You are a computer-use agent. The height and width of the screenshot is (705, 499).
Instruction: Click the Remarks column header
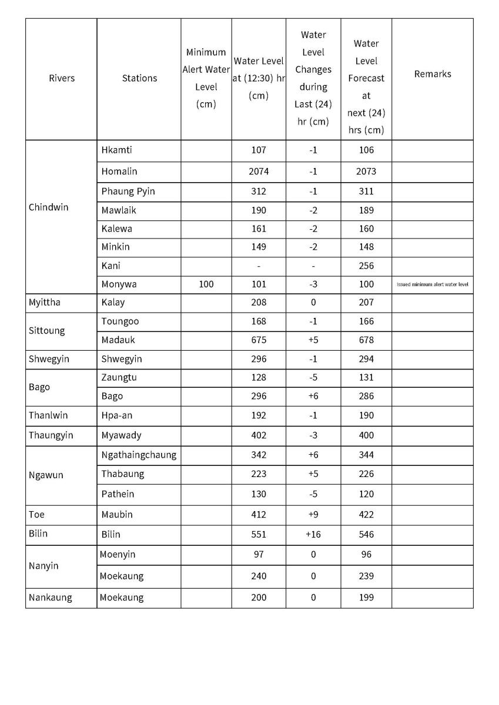point(433,74)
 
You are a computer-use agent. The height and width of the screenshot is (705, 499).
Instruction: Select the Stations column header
point(139,78)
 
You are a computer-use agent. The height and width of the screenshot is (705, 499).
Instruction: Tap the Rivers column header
point(62,78)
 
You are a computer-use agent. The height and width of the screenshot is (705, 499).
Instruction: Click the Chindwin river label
point(48,207)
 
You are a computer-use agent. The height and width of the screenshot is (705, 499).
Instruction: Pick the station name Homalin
point(119,172)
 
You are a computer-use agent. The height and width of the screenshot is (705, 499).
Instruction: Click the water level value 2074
point(259,172)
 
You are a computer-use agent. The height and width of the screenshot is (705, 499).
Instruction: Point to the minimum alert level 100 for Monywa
point(206,284)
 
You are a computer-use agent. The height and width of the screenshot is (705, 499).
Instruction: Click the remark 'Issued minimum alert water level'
point(433,284)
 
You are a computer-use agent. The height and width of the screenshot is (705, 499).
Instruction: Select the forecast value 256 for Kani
point(366,266)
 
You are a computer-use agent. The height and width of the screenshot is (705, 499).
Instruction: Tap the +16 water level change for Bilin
point(313,535)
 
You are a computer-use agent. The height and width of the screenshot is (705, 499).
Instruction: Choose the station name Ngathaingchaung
point(139,455)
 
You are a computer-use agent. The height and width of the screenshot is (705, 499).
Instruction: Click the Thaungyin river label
point(51,435)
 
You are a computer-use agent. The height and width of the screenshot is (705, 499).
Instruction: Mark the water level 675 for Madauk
point(259,340)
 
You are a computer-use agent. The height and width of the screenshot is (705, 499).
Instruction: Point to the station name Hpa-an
point(117,415)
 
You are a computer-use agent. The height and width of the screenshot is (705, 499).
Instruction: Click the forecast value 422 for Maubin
point(366,515)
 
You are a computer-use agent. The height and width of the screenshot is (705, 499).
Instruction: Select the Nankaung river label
point(51,597)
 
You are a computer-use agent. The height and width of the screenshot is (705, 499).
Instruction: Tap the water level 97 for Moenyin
point(259,555)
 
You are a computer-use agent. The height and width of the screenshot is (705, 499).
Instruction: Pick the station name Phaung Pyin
point(128,191)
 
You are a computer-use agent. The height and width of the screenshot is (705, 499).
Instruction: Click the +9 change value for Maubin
point(313,515)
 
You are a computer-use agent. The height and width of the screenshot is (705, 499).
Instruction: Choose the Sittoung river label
point(47,330)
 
